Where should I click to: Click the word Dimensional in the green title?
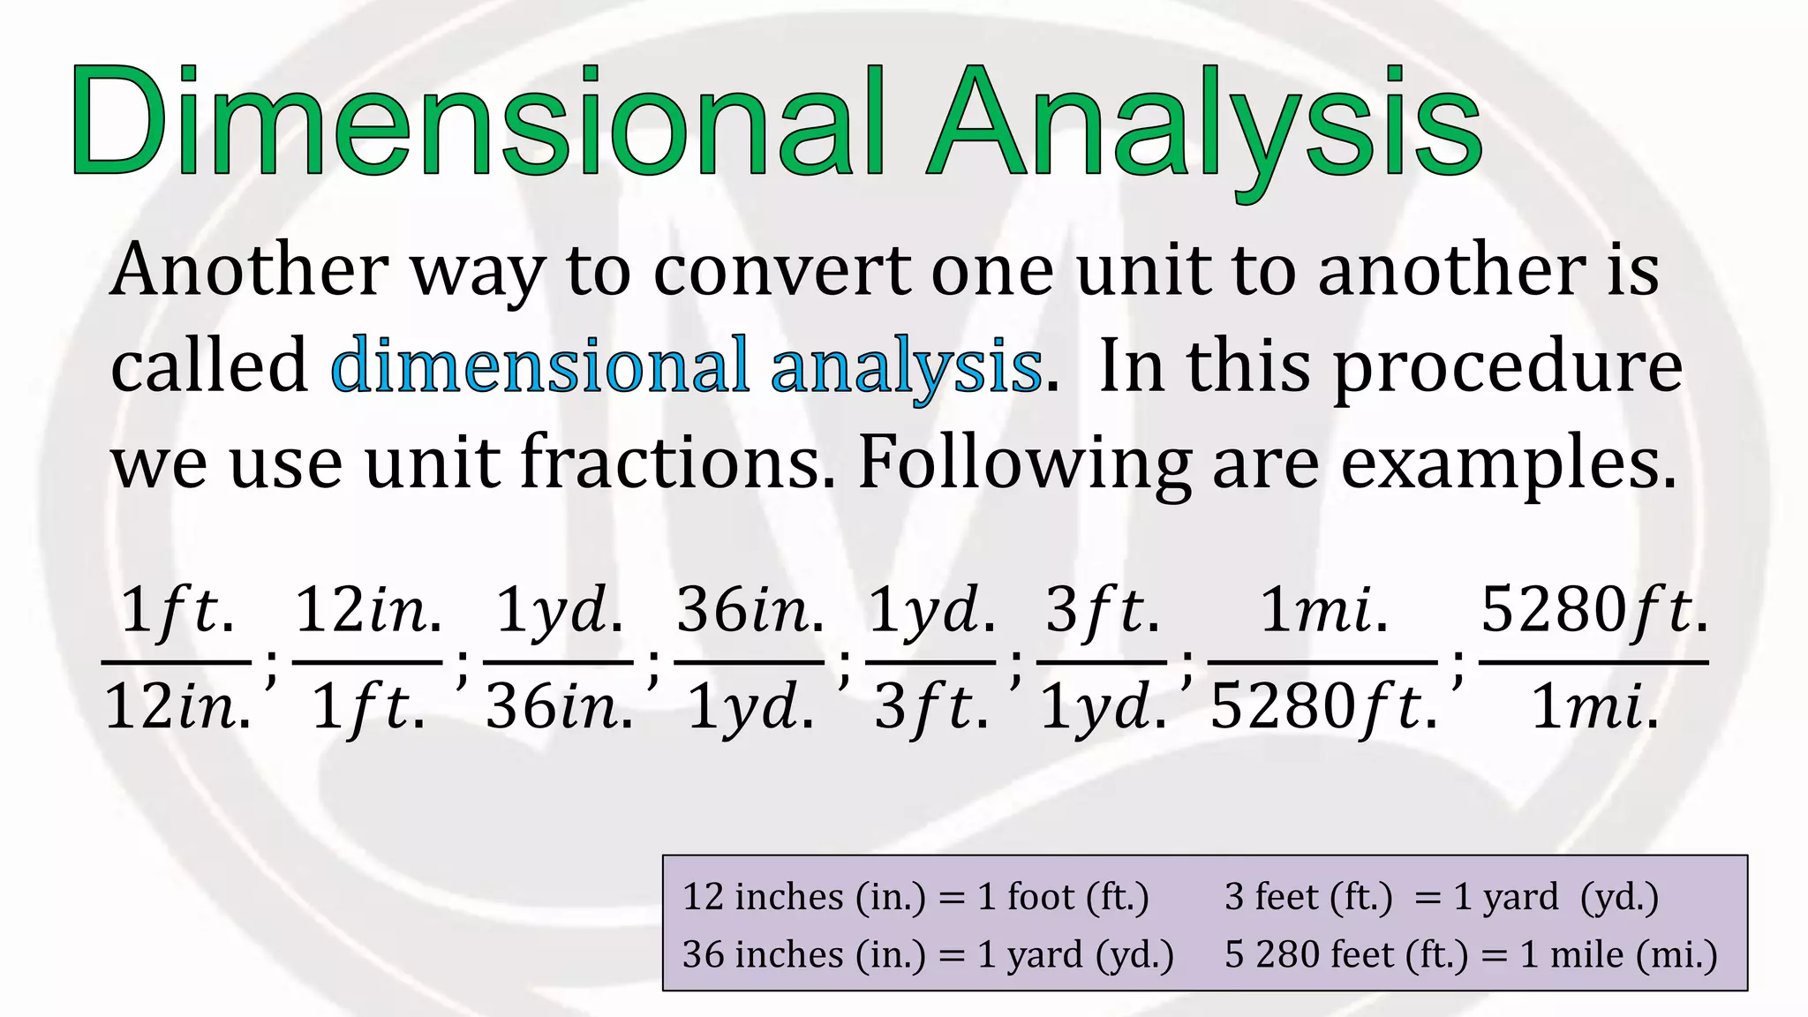click(477, 121)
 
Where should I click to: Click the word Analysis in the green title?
click(1205, 121)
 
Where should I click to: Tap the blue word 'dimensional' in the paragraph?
click(539, 365)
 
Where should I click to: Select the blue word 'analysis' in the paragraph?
click(906, 365)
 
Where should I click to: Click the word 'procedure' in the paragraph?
click(1507, 365)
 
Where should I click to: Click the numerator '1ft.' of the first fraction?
click(177, 610)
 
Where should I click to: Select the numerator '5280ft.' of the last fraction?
click(1593, 610)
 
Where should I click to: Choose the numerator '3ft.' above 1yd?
click(1102, 610)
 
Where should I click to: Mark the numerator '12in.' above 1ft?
click(367, 610)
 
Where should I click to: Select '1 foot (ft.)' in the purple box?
click(1063, 897)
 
